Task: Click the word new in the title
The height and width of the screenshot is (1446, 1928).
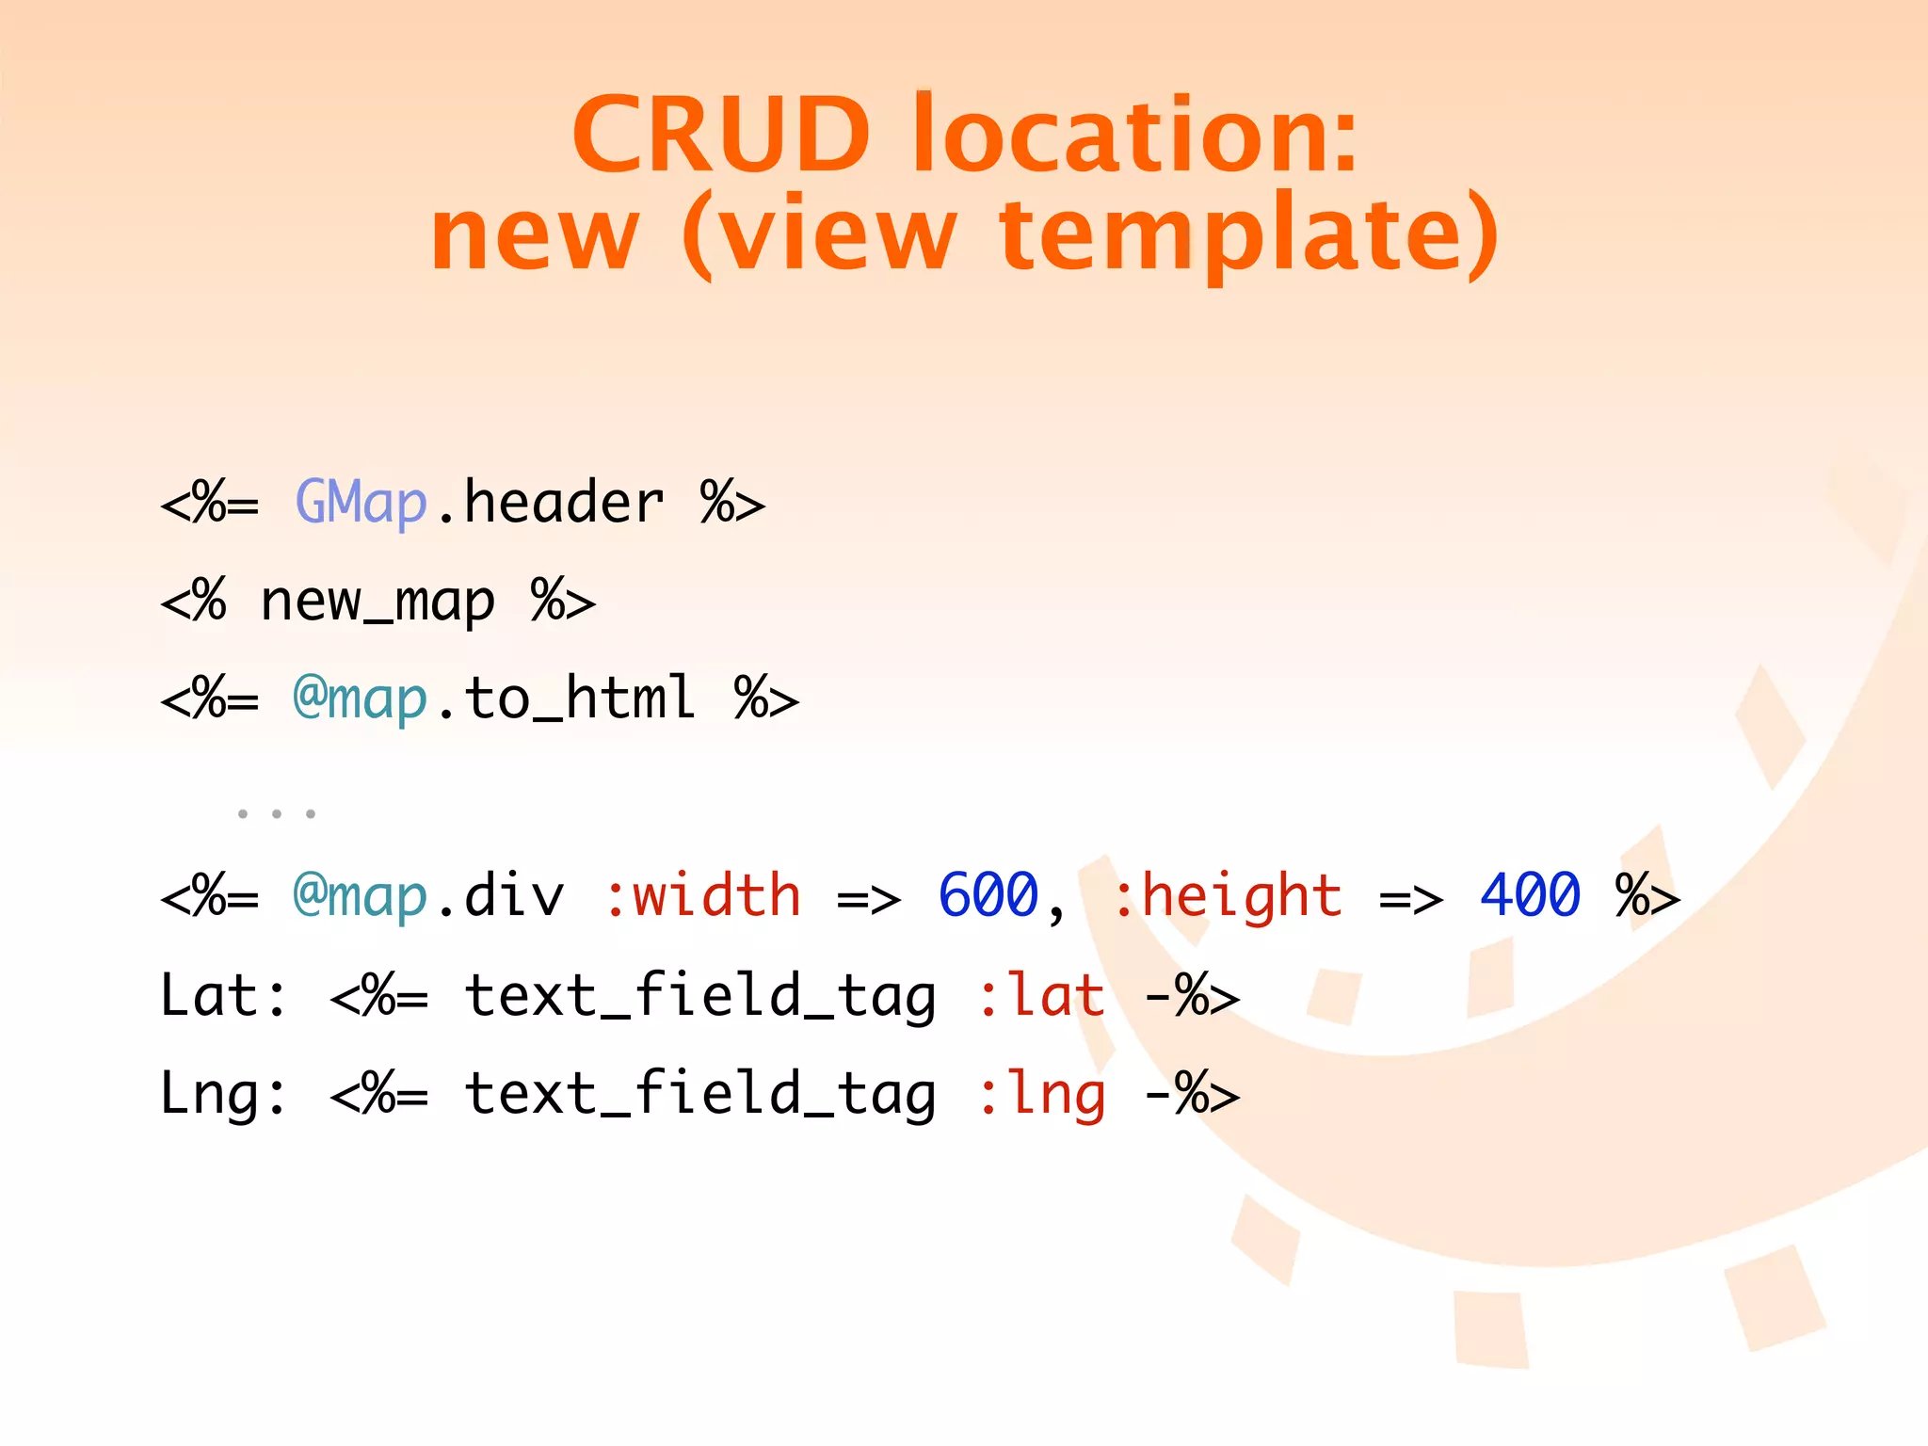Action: [x=535, y=235]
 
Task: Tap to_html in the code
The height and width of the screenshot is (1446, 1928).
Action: [x=580, y=699]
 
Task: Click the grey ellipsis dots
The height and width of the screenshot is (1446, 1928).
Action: [x=276, y=813]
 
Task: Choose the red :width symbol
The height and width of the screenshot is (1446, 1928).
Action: [x=702, y=895]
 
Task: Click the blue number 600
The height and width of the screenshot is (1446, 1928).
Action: [x=988, y=895]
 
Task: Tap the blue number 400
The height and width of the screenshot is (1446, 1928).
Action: [x=1531, y=895]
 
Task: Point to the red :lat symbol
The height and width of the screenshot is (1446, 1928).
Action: [x=1041, y=995]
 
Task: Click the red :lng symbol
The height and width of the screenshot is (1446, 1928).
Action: [x=1041, y=1094]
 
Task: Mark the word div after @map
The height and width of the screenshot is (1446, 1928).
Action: [x=514, y=895]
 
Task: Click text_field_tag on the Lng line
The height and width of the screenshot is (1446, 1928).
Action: [x=700, y=1094]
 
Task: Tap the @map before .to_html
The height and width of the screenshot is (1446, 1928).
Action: [x=361, y=699]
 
